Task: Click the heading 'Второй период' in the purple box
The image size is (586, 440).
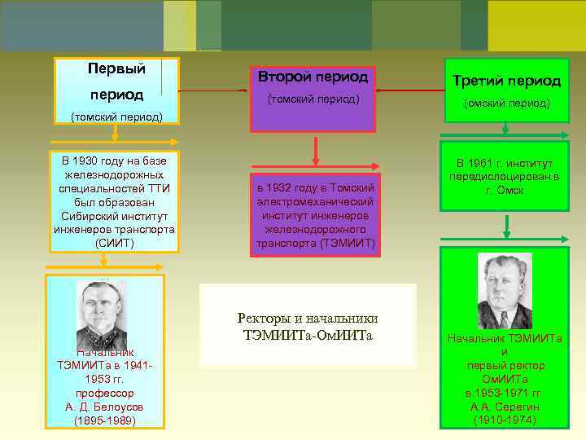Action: [x=313, y=77]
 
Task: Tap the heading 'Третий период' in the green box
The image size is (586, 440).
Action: [x=506, y=81]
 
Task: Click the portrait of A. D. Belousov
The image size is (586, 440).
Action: [x=101, y=313]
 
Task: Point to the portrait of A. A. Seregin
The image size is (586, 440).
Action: [x=505, y=291]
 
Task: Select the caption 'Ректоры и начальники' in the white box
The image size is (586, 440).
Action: [x=308, y=319]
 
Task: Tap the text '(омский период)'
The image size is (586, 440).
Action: [x=506, y=103]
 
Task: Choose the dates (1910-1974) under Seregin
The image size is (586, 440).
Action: [x=505, y=420]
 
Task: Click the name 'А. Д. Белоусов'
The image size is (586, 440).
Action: [x=107, y=407]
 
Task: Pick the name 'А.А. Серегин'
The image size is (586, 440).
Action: [x=505, y=407]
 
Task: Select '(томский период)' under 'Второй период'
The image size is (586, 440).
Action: [x=313, y=99]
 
